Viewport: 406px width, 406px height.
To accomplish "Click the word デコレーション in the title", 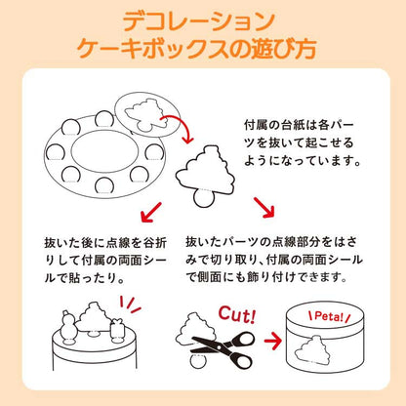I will (203, 21).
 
